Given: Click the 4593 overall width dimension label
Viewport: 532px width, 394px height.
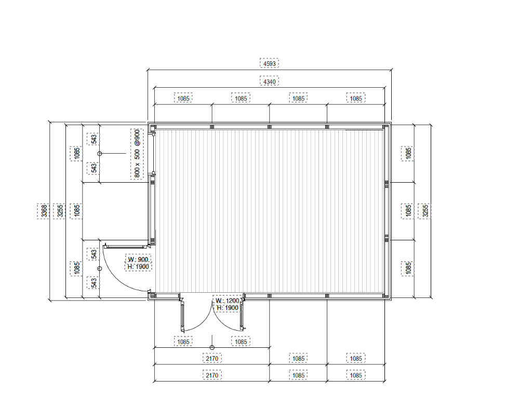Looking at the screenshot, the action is [x=270, y=63].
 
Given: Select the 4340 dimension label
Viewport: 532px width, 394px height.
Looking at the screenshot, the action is [x=270, y=81].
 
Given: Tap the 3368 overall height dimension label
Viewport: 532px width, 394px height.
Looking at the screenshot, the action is [x=44, y=211].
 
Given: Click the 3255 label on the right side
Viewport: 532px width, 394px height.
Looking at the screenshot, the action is [x=425, y=211].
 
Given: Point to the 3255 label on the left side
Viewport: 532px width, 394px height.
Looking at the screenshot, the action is [x=60, y=211].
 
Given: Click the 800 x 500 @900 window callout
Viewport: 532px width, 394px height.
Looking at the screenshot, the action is [x=137, y=154].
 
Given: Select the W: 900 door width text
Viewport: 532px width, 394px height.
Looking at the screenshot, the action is [x=138, y=260].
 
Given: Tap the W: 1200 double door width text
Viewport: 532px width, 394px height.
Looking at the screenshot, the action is [x=228, y=301].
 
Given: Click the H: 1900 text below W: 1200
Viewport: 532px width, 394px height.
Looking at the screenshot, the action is [x=228, y=308].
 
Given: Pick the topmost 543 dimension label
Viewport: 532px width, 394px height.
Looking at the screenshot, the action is [x=94, y=139].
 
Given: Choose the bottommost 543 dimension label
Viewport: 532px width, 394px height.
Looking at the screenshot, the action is [x=94, y=283].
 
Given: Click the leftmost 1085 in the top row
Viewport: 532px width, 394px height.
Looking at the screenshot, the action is [x=183, y=98].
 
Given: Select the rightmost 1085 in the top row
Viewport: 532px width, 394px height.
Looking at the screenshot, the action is [x=356, y=98].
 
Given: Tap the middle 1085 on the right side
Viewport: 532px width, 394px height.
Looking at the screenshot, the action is [x=408, y=211].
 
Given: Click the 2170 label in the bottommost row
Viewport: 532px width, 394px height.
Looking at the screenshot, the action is [x=212, y=375].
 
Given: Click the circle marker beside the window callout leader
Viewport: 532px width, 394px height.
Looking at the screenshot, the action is [x=99, y=154].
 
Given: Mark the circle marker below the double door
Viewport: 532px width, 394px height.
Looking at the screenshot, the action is [x=212, y=348].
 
